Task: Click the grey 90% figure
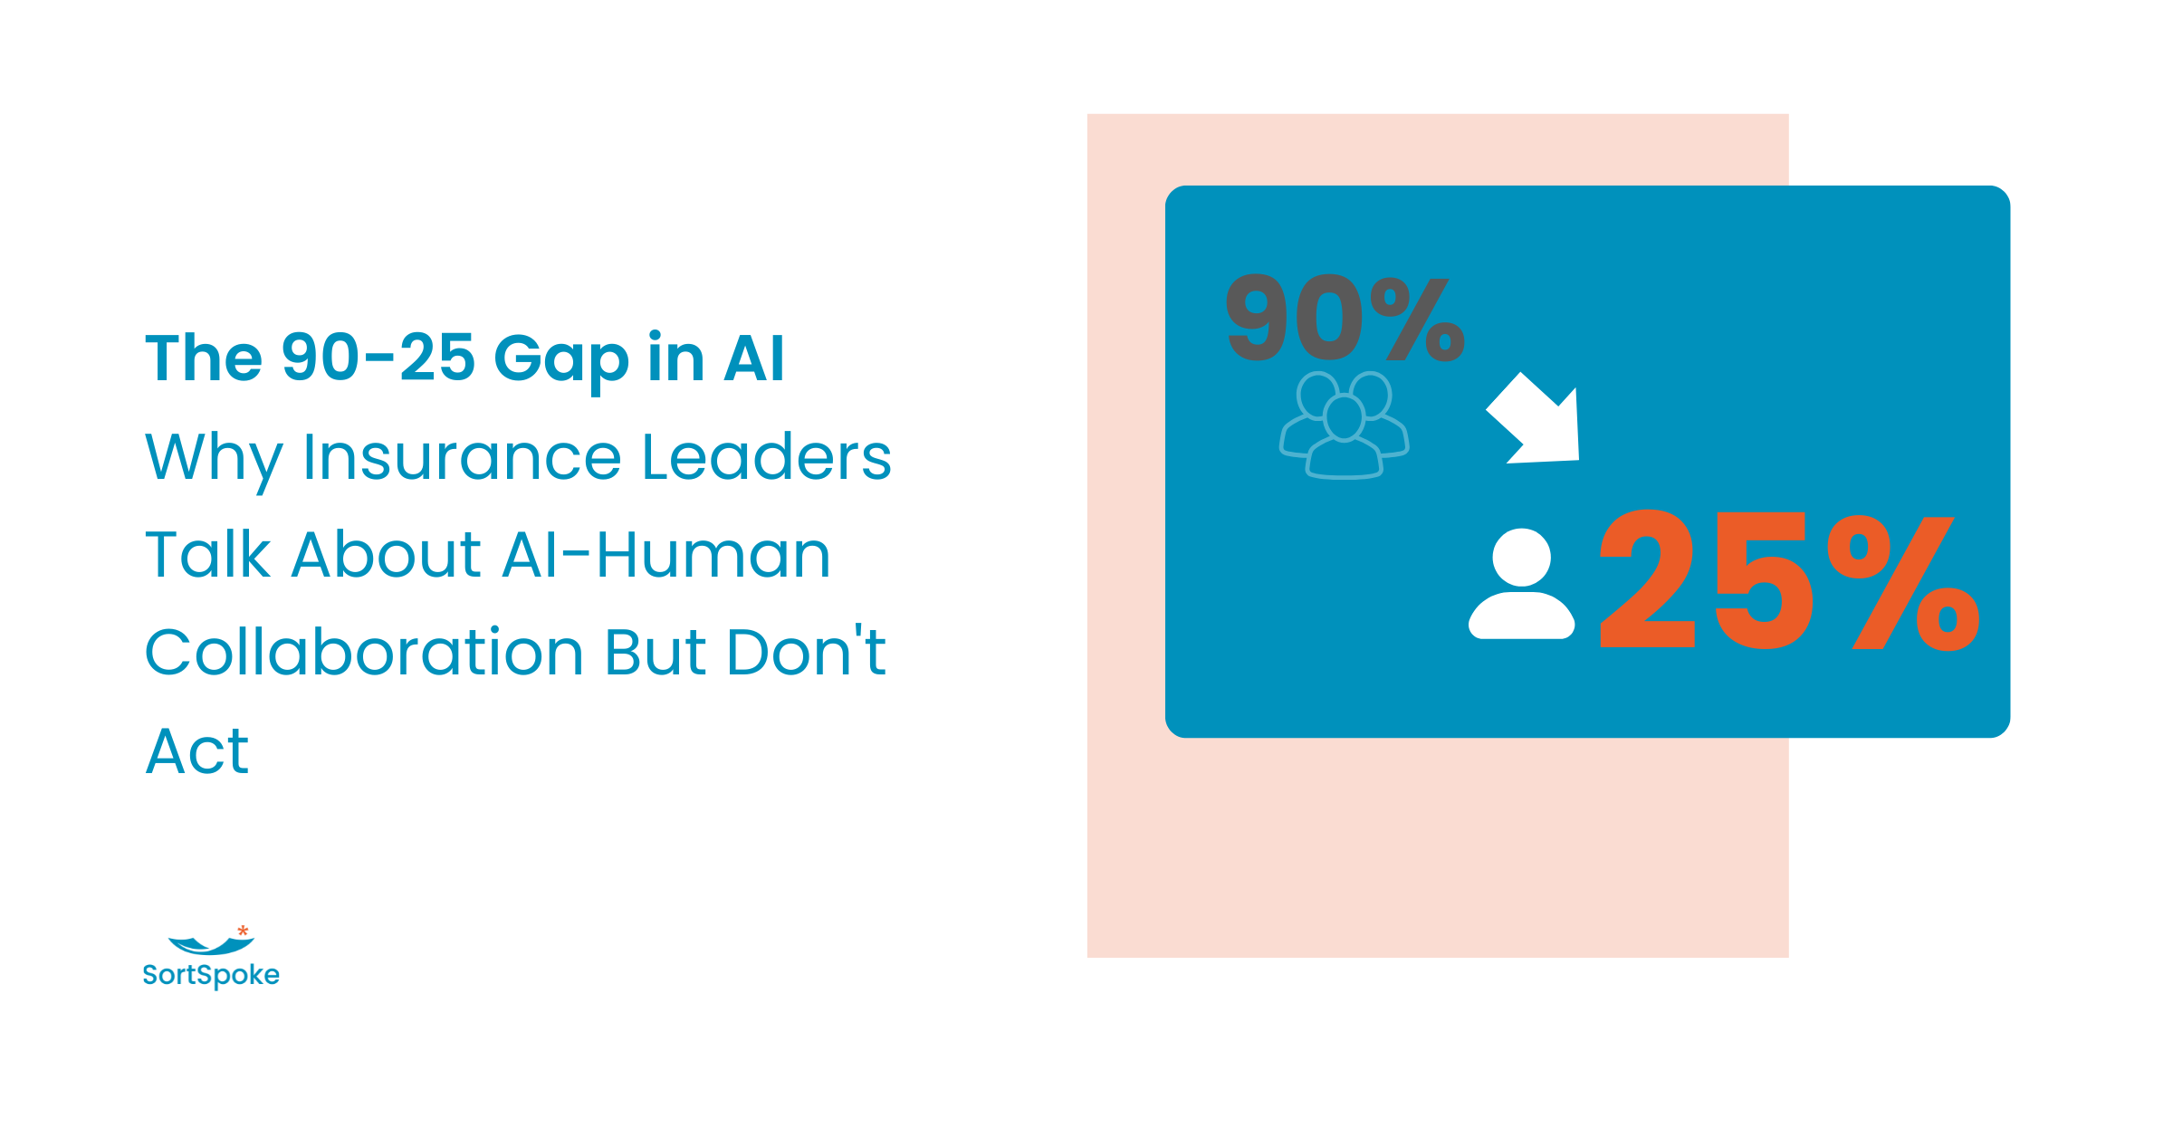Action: [1344, 319]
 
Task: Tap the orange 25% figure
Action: [1788, 581]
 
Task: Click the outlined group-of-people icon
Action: [1344, 425]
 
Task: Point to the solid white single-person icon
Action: [1521, 585]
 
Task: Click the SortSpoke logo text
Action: [211, 975]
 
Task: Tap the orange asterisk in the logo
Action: [243, 931]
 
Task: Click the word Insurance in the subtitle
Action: [462, 457]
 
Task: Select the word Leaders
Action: [766, 457]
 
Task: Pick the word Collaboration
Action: [364, 653]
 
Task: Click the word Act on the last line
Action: [196, 751]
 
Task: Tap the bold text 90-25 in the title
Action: [378, 358]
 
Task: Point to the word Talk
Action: [207, 555]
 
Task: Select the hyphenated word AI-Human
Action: [665, 555]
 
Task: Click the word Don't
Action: [806, 651]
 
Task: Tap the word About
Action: [387, 555]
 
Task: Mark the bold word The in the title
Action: [204, 358]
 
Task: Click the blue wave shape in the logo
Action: [211, 946]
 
